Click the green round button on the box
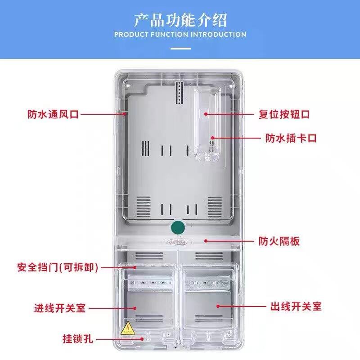pyautogui.click(x=178, y=228)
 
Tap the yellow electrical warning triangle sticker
pyautogui.click(x=128, y=328)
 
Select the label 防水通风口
pyautogui.click(x=53, y=114)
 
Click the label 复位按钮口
pyautogui.click(x=284, y=114)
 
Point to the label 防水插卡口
pyautogui.click(x=291, y=138)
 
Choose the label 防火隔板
pyautogui.click(x=279, y=241)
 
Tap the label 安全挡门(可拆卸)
pyautogui.click(x=58, y=267)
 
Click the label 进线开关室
pyautogui.click(x=60, y=308)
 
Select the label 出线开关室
pyautogui.click(x=296, y=306)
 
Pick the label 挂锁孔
pyautogui.click(x=78, y=339)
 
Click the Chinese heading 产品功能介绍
pyautogui.click(x=180, y=20)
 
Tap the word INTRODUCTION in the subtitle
pyautogui.click(x=218, y=35)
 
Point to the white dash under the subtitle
pyautogui.click(x=180, y=49)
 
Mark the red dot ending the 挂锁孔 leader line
pyautogui.click(x=142, y=339)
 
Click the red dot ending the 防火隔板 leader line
pyautogui.click(x=206, y=241)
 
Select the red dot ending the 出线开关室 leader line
pyautogui.click(x=218, y=306)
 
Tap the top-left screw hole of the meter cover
pyautogui.click(x=128, y=86)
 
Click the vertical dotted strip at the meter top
pyautogui.click(x=179, y=93)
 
